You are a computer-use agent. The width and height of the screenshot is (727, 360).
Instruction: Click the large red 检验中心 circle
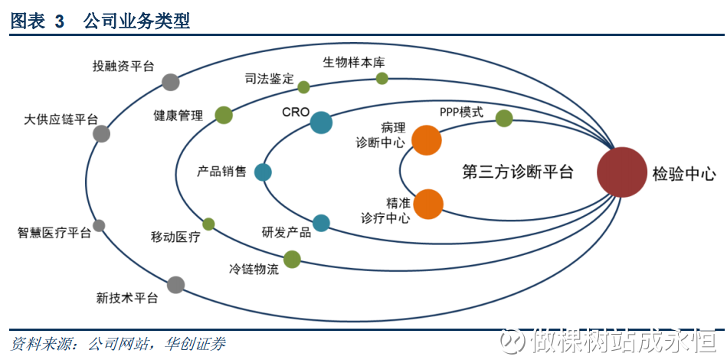(623, 172)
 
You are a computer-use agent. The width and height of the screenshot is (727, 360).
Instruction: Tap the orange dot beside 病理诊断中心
(427, 140)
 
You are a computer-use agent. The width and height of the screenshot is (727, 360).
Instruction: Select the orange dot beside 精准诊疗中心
(428, 205)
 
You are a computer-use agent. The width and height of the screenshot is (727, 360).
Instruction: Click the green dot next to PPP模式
(503, 118)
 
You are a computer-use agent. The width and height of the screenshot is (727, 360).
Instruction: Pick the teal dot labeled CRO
(321, 123)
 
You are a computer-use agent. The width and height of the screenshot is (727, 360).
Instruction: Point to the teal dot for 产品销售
(264, 172)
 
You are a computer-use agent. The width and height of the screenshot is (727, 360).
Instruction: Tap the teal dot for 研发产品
(321, 223)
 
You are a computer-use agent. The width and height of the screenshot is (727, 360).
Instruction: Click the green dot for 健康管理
(223, 115)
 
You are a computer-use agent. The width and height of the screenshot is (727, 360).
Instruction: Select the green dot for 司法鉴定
(303, 87)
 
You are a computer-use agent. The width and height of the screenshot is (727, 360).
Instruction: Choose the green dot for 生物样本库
(382, 78)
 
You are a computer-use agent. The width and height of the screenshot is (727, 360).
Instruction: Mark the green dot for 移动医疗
(208, 224)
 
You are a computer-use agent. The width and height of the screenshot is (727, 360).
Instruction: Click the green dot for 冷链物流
(292, 259)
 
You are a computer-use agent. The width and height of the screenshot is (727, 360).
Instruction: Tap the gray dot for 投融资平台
(171, 82)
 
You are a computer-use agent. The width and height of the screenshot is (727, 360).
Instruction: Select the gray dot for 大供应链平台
(101, 134)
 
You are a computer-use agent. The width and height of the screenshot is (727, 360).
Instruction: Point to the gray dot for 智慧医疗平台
(99, 225)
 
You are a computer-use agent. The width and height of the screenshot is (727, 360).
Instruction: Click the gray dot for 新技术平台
(175, 285)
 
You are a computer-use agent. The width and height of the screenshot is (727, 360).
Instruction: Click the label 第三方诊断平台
(518, 172)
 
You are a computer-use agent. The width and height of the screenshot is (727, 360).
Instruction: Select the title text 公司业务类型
(136, 21)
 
